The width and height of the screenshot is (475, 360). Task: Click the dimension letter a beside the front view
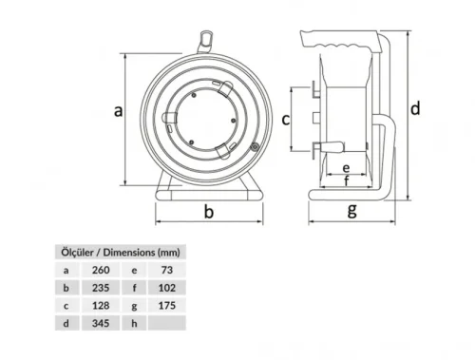coord(119,111)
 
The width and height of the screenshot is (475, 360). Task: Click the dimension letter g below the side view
coord(351,210)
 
